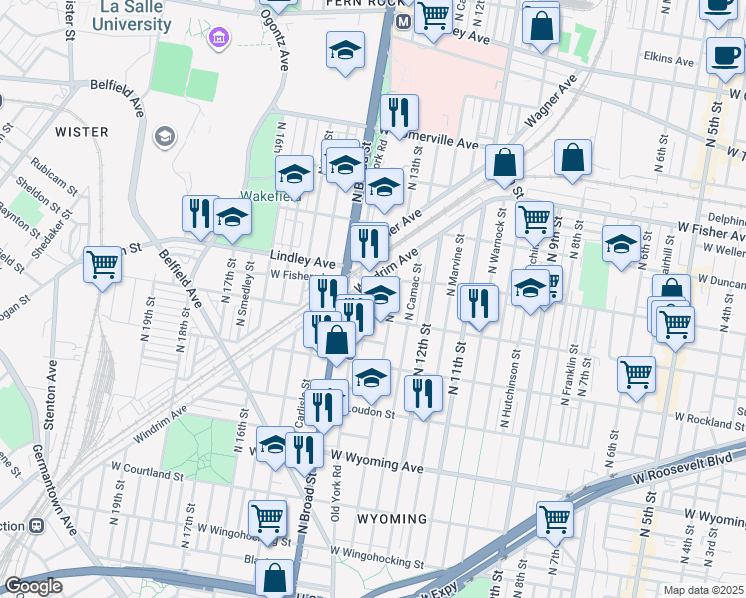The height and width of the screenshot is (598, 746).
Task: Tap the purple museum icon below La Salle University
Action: point(218,39)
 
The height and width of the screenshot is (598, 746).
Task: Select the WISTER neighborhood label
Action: point(81,131)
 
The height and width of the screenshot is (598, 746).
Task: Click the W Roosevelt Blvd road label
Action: point(689,461)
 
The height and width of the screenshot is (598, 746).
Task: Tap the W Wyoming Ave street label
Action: point(378,464)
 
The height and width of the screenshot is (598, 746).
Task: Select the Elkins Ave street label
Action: point(669,60)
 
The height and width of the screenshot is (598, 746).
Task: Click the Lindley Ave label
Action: point(303,260)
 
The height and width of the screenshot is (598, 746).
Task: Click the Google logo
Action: point(33,586)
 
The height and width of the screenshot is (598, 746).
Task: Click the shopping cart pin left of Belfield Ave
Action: point(103,265)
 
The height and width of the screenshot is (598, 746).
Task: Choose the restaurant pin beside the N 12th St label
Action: point(424,394)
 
